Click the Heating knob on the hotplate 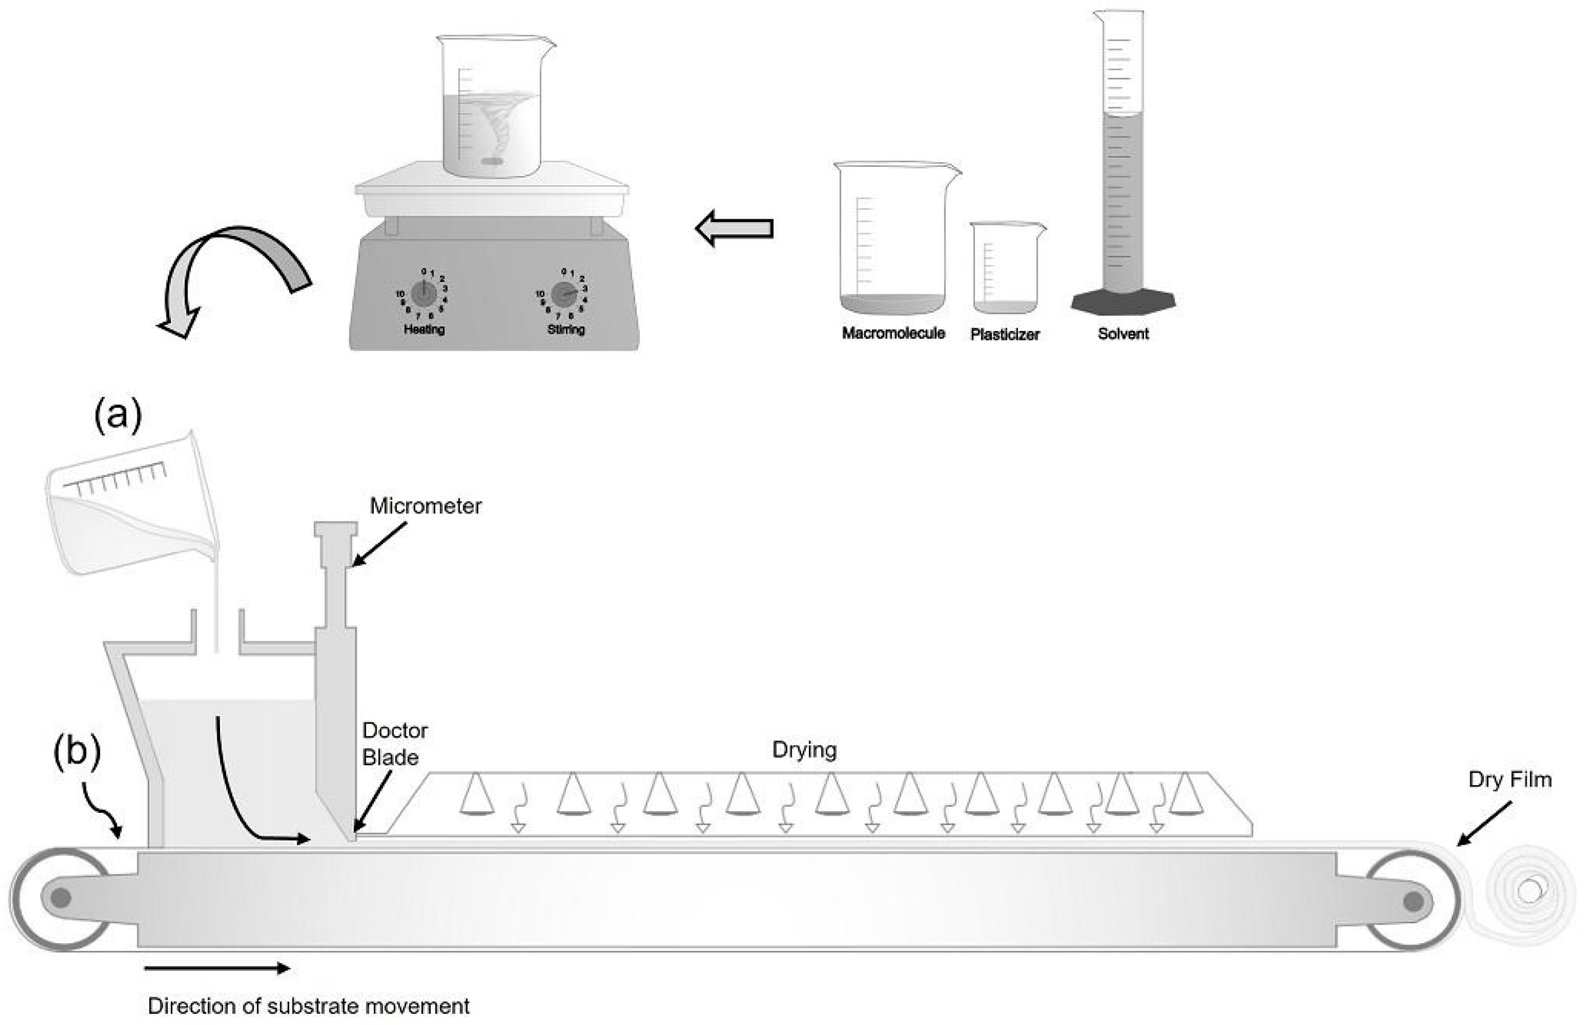424,293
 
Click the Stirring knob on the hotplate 564,293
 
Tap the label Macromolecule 893,333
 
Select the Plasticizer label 1004,335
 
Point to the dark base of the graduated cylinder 1122,301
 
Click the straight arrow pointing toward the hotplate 734,228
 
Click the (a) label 118,416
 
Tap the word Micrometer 425,506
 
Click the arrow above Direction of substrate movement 216,968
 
